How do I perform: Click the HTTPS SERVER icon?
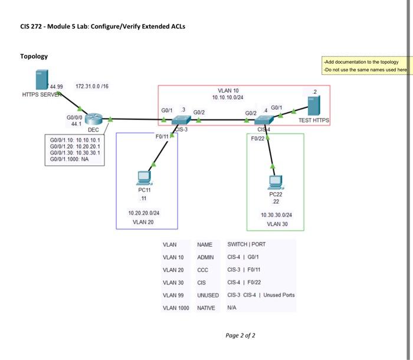coord(41,80)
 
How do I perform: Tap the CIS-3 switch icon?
coord(179,120)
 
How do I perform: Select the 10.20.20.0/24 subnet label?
coord(143,212)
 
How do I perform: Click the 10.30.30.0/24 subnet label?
coord(276,215)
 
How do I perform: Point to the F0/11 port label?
coord(162,136)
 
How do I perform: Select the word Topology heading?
coord(34,56)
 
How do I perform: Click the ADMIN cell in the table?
coord(205,257)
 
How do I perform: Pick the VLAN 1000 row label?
coord(176,308)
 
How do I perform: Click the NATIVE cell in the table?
coord(206,308)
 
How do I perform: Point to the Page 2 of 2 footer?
coord(240,336)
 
